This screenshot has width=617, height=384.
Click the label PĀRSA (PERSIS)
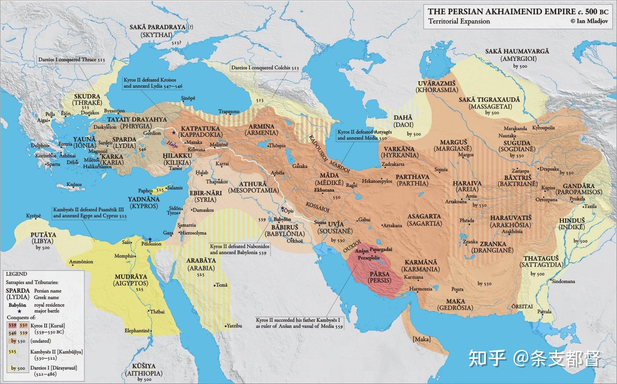(x=380, y=277)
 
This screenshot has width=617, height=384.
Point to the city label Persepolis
(x=368, y=258)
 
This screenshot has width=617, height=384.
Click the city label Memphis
(x=124, y=256)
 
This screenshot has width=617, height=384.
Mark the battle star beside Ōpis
(x=282, y=208)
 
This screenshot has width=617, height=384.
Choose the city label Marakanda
(x=515, y=128)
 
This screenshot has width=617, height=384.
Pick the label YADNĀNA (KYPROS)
(x=144, y=202)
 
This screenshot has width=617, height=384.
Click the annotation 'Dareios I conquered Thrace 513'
(x=71, y=59)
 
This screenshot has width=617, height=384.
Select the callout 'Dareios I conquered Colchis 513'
(x=265, y=67)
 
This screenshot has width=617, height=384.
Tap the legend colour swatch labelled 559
(x=13, y=325)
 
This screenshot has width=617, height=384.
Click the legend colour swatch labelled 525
(x=13, y=352)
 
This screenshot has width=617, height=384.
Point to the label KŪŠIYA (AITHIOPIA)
(x=144, y=370)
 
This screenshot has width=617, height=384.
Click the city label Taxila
(x=590, y=206)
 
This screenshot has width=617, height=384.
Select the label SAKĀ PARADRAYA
(x=157, y=27)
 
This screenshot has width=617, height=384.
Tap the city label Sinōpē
(x=188, y=98)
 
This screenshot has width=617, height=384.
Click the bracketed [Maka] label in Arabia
(x=422, y=339)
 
